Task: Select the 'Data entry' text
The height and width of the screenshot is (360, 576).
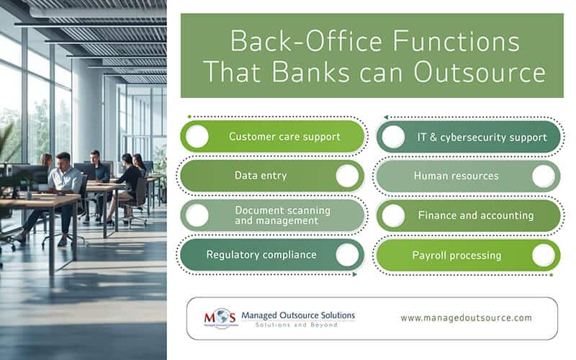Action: tap(251, 176)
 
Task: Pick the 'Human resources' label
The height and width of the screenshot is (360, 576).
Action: tap(456, 176)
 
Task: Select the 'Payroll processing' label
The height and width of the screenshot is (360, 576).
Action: tap(456, 255)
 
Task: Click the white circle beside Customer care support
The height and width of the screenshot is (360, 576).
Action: tap(197, 136)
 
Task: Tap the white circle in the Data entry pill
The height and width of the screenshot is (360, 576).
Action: tap(347, 176)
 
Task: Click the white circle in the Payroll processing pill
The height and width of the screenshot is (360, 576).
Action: tap(544, 255)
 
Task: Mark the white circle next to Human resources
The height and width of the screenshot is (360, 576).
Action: tap(544, 176)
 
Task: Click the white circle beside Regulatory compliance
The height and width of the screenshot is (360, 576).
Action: tap(347, 255)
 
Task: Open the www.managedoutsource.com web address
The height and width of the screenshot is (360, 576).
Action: tap(466, 318)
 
